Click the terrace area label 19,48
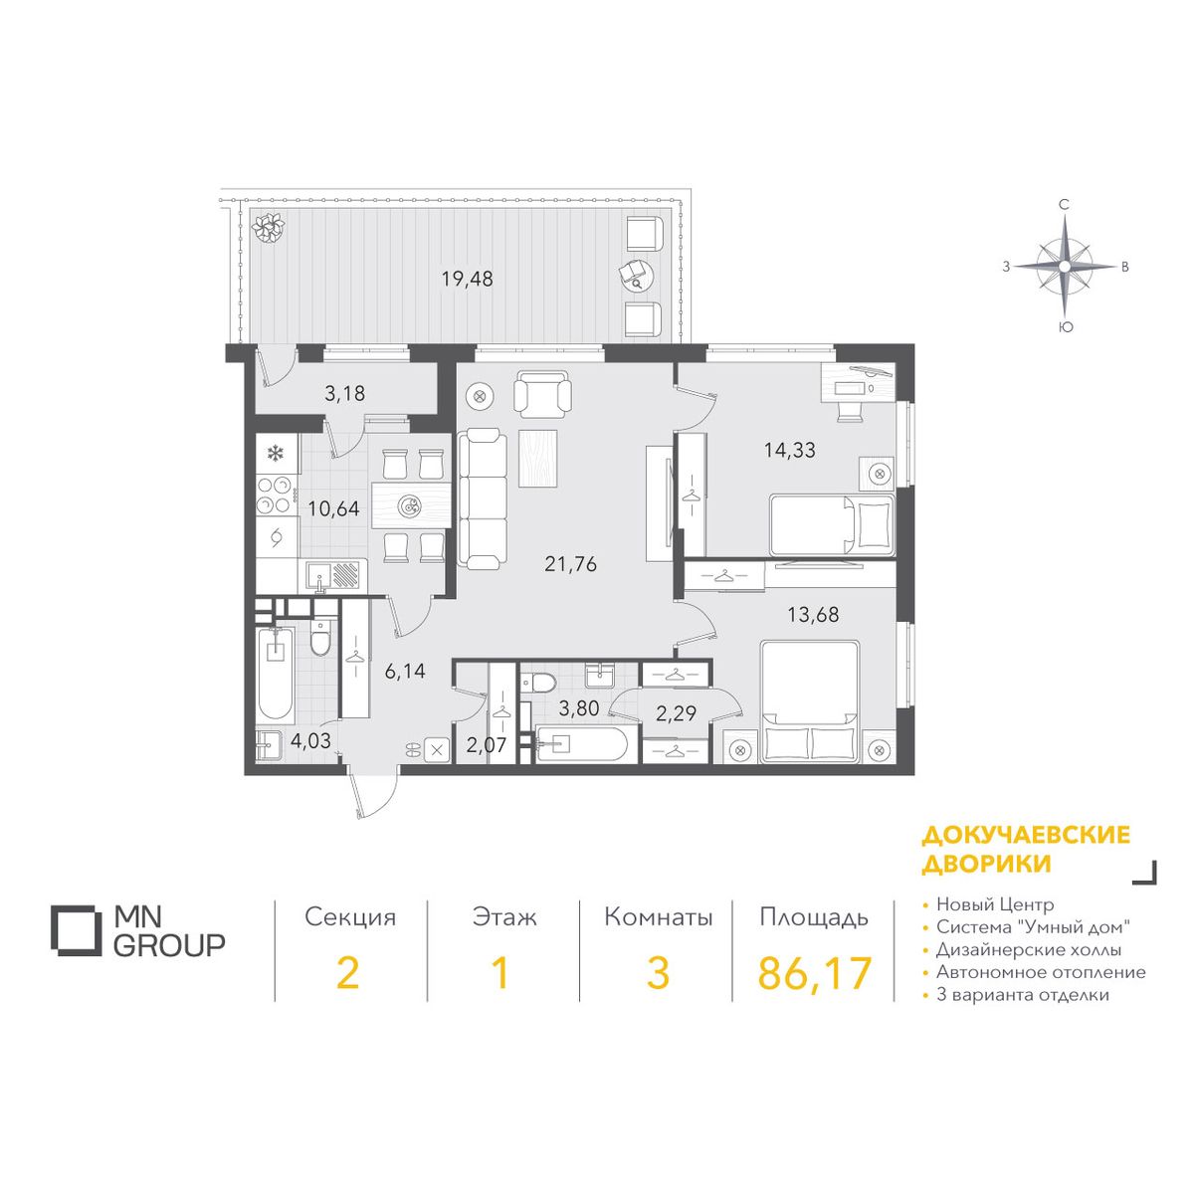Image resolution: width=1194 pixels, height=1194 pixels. point(468,280)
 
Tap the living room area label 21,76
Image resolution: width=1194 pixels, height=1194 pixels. point(570,564)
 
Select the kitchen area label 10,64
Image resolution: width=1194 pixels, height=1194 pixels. point(333,508)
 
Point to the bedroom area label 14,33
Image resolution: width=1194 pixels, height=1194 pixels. point(789,450)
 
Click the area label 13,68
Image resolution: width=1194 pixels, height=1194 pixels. point(813,615)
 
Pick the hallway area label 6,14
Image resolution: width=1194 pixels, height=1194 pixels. point(405,671)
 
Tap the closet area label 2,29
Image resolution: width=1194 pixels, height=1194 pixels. point(676,713)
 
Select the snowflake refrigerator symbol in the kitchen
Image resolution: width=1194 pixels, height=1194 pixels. point(274,454)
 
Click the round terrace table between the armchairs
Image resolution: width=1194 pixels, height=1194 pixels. point(638,275)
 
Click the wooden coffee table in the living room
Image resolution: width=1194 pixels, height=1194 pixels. point(538,458)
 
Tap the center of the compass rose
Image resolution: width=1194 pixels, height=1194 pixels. point(1064,267)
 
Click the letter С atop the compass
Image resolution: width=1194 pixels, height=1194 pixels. point(1064,205)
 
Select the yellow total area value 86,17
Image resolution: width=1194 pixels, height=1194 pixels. point(815,973)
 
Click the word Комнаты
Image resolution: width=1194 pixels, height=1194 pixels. point(658,917)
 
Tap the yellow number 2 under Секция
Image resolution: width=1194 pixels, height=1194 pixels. point(347,973)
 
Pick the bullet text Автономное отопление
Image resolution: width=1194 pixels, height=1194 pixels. point(1041,972)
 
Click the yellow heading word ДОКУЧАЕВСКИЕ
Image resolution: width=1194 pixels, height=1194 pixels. point(1026,835)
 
